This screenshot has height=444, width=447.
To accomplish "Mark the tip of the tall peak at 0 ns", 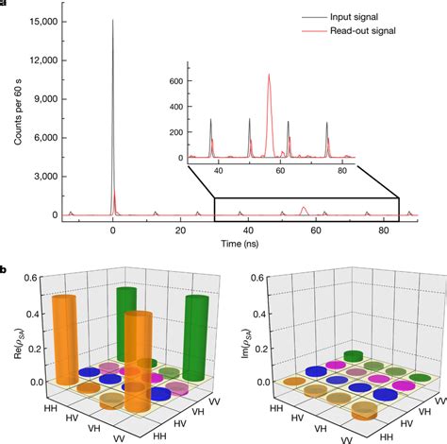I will click(113, 19).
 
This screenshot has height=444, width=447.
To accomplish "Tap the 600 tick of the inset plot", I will click(175, 82).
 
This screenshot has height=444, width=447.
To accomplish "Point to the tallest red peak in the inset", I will click(269, 76).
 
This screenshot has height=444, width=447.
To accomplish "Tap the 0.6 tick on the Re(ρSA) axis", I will click(30, 277).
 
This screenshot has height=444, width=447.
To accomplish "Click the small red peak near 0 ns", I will click(115, 196).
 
